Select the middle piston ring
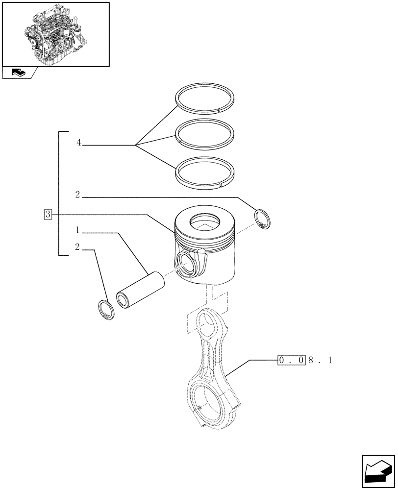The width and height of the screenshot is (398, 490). (x=206, y=135)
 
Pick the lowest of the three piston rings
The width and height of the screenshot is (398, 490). (x=206, y=172)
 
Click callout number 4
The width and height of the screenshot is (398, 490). (x=78, y=143)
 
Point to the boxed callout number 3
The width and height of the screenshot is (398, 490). (x=48, y=214)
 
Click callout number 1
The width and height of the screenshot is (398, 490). (x=78, y=230)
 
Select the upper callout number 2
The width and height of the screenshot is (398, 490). (x=78, y=195)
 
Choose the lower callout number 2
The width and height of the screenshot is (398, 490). (x=78, y=247)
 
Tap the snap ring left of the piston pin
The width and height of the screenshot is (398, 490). (x=105, y=310)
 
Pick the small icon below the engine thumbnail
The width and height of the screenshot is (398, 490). (x=19, y=73)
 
